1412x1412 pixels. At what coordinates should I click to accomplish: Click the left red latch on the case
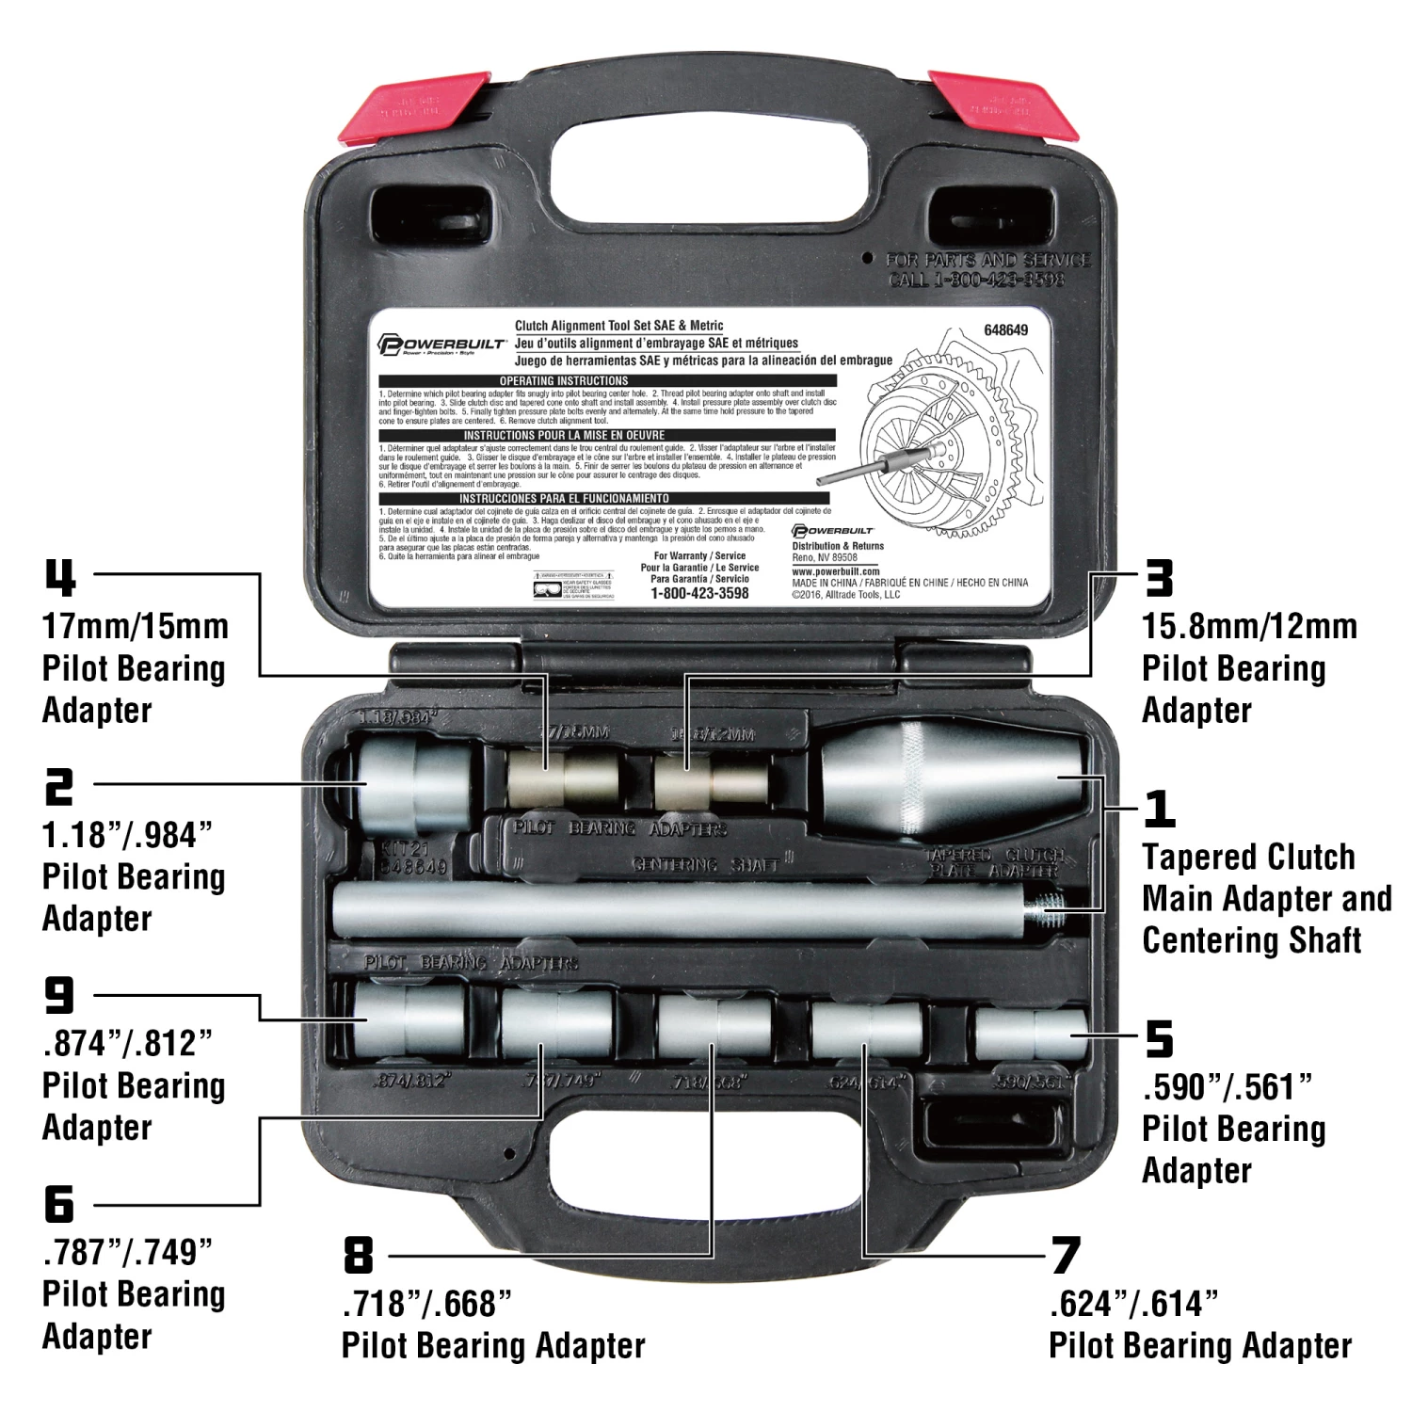414,107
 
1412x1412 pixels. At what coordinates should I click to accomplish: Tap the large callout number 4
60,577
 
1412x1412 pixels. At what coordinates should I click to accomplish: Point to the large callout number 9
59,994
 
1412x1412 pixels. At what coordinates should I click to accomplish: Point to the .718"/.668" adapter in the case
713,1026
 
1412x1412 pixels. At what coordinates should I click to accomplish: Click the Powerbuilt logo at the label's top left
441,344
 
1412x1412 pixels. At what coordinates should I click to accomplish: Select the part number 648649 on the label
1005,329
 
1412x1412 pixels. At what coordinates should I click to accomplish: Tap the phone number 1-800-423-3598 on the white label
699,593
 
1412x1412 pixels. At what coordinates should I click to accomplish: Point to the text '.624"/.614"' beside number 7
1133,1304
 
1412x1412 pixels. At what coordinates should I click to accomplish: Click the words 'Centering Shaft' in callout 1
1251,939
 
